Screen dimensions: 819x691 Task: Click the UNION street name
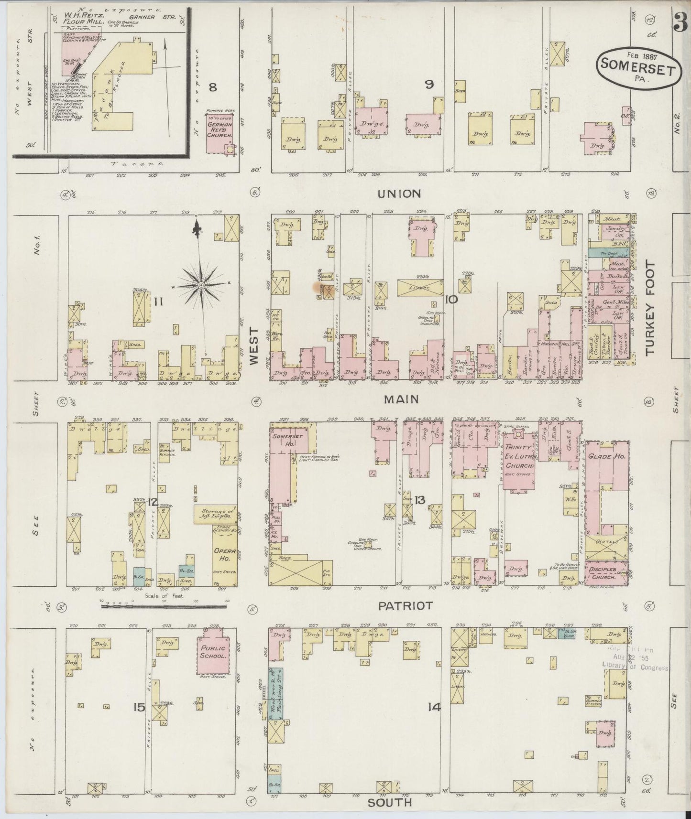[398, 194]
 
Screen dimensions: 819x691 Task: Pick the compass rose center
[201, 285]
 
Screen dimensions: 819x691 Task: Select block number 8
[213, 87]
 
